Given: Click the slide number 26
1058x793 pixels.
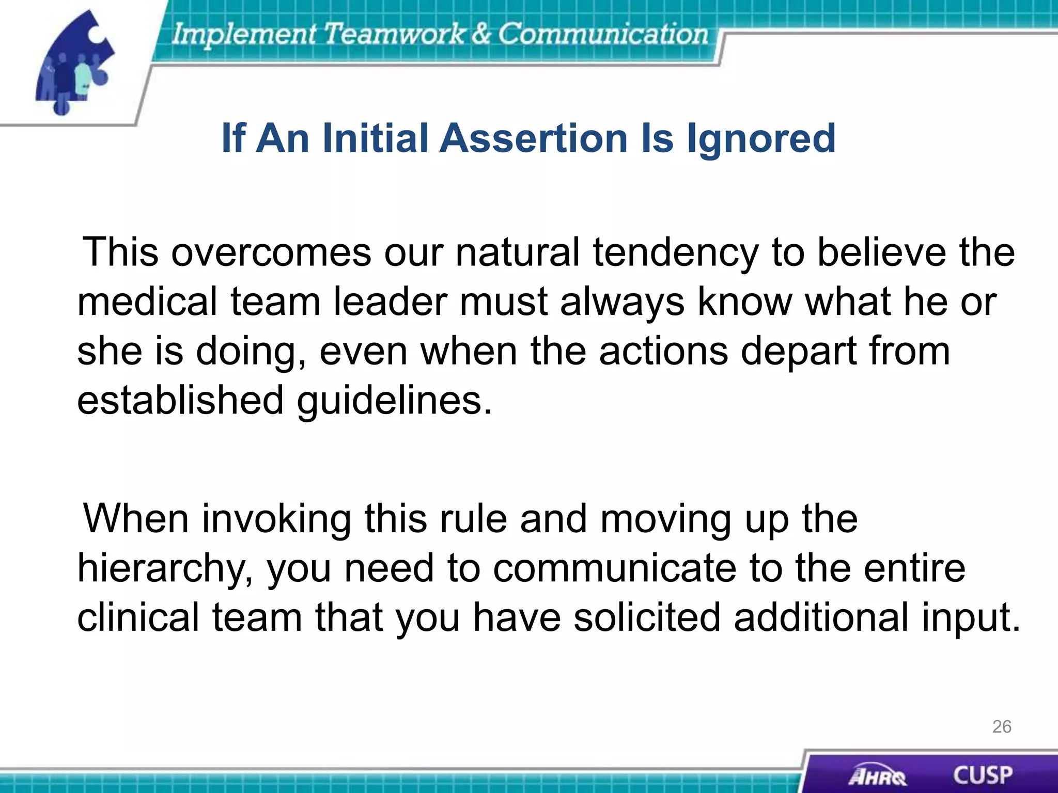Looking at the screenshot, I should pyautogui.click(x=1001, y=726).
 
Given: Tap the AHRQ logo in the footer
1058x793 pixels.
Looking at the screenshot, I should pyautogui.click(x=877, y=776).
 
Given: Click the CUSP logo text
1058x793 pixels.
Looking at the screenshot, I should pyautogui.click(x=982, y=775).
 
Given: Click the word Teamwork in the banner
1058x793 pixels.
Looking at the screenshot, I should pyautogui.click(x=394, y=34).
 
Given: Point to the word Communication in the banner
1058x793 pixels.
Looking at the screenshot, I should pyautogui.click(x=602, y=34).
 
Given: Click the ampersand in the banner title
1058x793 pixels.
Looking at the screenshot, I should pyautogui.click(x=480, y=34).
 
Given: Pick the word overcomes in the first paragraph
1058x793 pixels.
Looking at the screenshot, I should pyautogui.click(x=271, y=253).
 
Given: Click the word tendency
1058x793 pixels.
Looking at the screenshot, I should pyautogui.click(x=675, y=253).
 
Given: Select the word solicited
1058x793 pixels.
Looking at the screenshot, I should pyautogui.click(x=647, y=617).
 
